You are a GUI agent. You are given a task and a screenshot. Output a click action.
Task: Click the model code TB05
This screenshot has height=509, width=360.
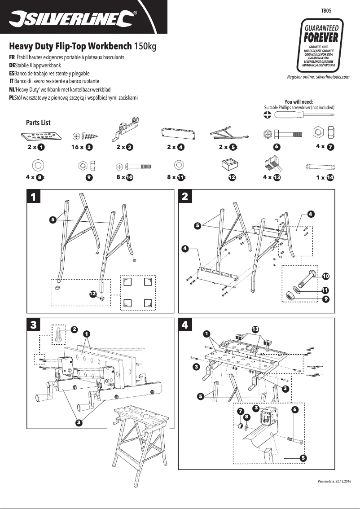click(x=326, y=9)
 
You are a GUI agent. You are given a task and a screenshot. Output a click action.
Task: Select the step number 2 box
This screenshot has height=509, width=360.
click(x=185, y=196)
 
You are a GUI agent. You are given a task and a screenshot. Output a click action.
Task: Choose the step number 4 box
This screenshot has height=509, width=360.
click(x=185, y=325)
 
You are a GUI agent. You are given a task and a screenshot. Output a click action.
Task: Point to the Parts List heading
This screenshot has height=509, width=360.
click(x=39, y=123)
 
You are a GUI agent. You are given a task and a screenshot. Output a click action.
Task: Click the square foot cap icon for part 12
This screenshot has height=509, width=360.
click(x=232, y=165)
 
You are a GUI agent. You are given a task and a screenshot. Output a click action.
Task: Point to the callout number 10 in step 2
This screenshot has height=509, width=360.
click(x=325, y=276)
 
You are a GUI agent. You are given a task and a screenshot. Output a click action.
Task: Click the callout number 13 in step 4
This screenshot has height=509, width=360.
click(x=255, y=329)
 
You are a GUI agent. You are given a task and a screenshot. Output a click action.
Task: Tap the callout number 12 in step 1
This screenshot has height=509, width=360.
click(x=92, y=294)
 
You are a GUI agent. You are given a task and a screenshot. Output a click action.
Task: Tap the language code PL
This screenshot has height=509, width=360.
click(x=12, y=98)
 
